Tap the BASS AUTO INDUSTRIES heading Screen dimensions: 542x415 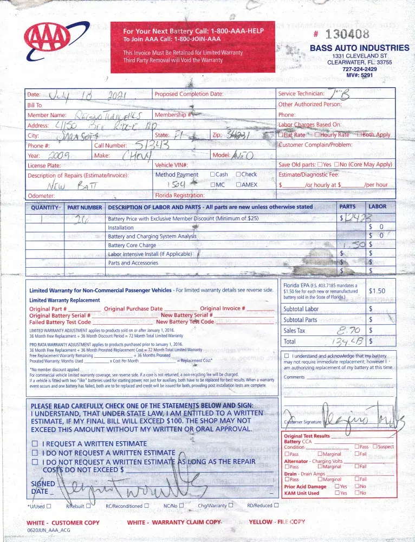pos(360,48)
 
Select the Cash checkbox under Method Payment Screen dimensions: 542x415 pos(212,175)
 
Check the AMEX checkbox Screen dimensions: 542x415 pos(238,185)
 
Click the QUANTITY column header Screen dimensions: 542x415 pos(45,207)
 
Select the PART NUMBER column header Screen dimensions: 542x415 pos(84,207)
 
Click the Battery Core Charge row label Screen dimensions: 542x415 pos(132,246)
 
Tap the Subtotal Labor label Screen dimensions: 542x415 pos(301,309)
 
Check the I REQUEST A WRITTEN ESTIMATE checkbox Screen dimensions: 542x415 pos(35,444)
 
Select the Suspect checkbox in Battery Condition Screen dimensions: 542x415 pos(375,447)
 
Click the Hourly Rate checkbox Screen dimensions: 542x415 pos(317,135)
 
